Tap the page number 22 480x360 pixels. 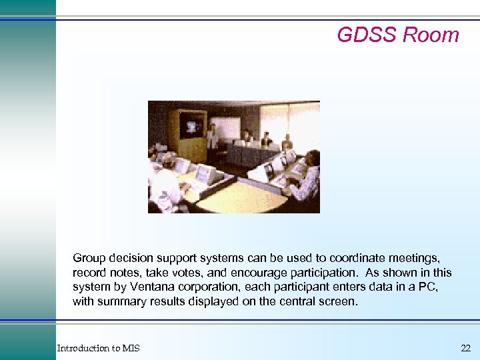point(465,348)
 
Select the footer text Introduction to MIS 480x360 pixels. point(98,348)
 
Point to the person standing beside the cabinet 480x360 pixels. point(211,135)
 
